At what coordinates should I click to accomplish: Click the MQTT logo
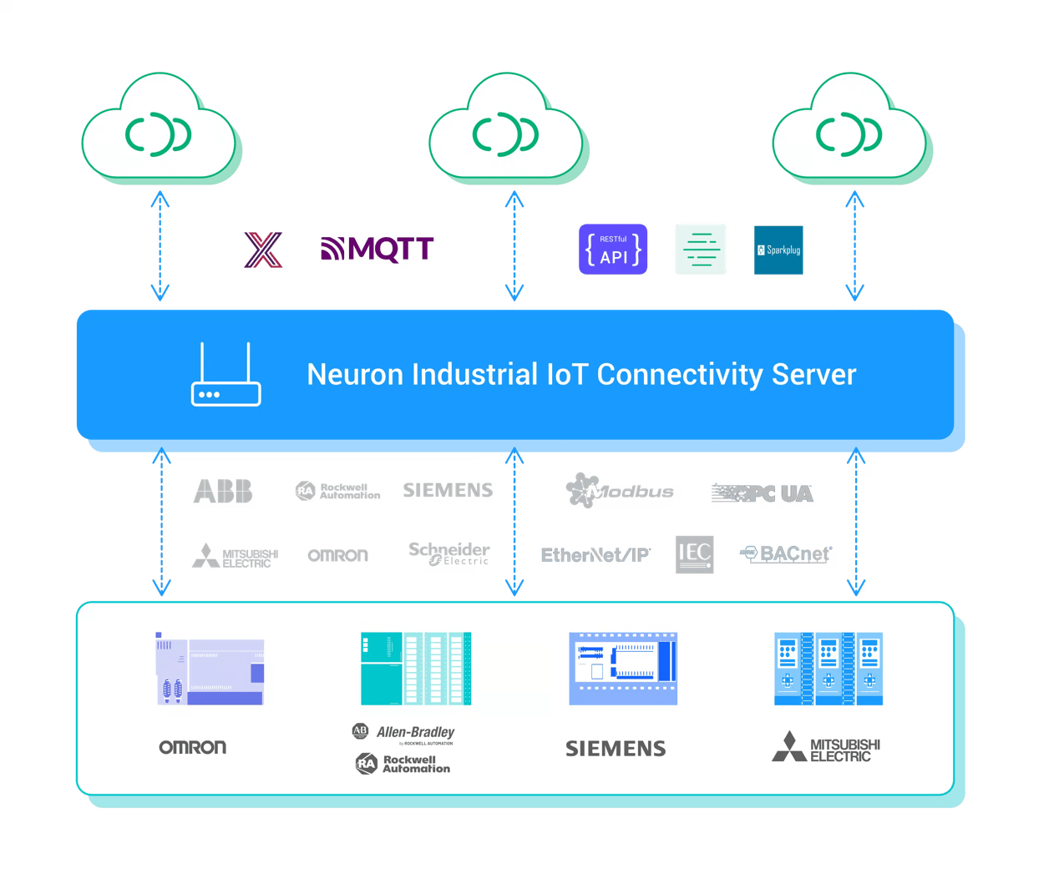point(377,249)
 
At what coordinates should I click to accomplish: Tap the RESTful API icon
point(613,249)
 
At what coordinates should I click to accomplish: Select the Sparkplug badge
point(778,250)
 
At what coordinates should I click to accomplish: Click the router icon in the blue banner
point(225,375)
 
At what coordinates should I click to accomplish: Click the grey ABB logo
point(223,492)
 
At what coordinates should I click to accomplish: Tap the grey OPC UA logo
point(763,493)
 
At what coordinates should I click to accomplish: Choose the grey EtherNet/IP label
point(595,555)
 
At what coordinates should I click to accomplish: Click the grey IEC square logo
point(694,554)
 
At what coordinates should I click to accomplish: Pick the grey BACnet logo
point(787,553)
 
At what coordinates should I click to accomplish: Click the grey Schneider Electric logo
point(448,553)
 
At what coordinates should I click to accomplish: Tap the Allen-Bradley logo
point(404,733)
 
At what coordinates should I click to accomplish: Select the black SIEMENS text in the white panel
point(616,749)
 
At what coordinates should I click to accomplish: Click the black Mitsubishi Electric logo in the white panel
point(825,748)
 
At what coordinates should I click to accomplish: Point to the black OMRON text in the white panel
point(193,747)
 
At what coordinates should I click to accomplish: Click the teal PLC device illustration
point(416,669)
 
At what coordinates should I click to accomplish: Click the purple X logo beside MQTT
point(264,249)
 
